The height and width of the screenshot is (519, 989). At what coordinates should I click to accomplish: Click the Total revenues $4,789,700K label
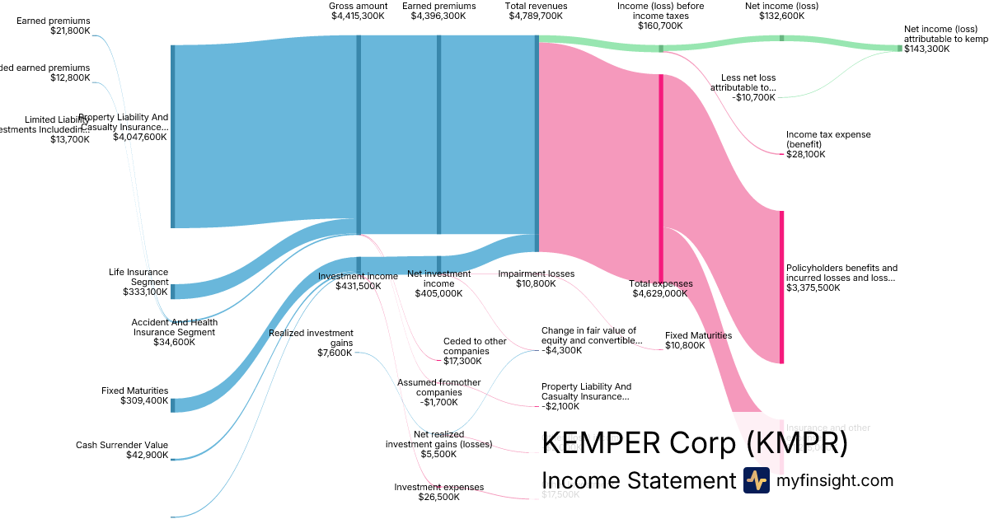(536, 11)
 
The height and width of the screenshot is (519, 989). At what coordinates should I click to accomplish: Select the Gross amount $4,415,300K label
(358, 11)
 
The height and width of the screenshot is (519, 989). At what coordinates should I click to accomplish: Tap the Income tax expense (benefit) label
(828, 144)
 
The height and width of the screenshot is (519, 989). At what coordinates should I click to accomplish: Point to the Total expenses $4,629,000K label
(660, 288)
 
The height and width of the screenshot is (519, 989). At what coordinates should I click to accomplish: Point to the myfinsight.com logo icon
(756, 480)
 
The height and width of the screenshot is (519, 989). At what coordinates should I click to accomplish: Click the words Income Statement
(638, 480)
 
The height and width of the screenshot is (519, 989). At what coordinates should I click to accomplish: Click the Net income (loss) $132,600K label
(781, 11)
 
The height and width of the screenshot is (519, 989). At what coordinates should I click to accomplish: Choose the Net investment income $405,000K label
(438, 283)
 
